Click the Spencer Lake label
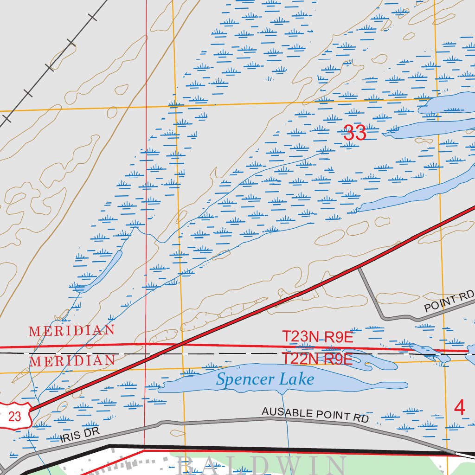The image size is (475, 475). tap(265, 379)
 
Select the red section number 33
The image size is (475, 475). tap(355, 134)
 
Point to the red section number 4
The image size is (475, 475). tap(459, 407)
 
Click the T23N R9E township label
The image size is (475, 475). tap(318, 337)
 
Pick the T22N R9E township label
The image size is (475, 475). tap(318, 359)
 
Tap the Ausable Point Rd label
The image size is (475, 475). tap(315, 414)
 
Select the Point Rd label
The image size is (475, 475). tap(449, 301)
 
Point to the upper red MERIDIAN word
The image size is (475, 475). tap(71, 331)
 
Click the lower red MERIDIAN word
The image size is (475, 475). tap(72, 360)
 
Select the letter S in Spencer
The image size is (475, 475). tap(221, 379)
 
